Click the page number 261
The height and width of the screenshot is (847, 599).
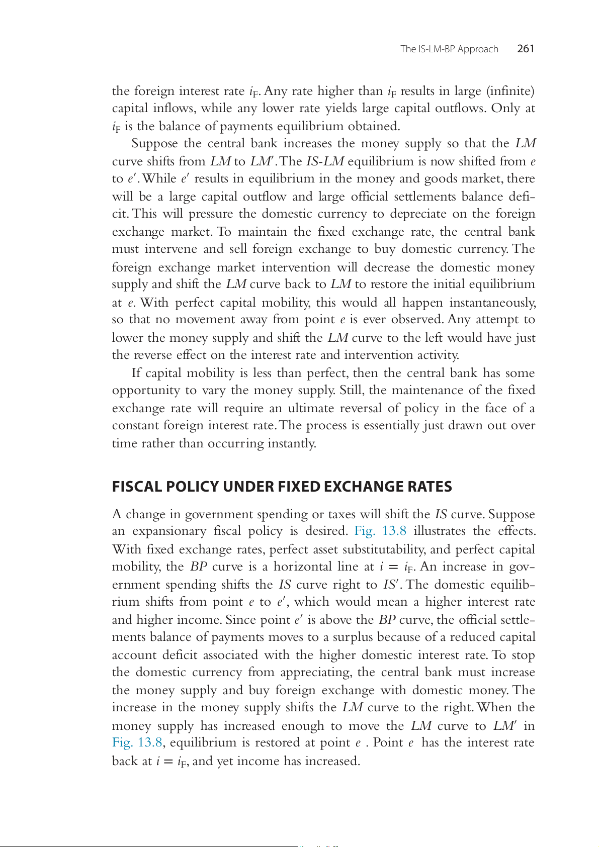pos(526,49)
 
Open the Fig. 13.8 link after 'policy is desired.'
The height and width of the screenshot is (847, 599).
pos(380,531)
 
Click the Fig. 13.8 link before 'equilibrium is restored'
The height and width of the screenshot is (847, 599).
pos(137,742)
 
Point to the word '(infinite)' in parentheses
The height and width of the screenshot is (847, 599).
pos(510,91)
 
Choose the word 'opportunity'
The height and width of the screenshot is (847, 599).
pos(146,391)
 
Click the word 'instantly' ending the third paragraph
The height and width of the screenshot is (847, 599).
pos(295,443)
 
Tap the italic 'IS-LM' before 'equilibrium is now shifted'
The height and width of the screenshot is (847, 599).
pos(325,161)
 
